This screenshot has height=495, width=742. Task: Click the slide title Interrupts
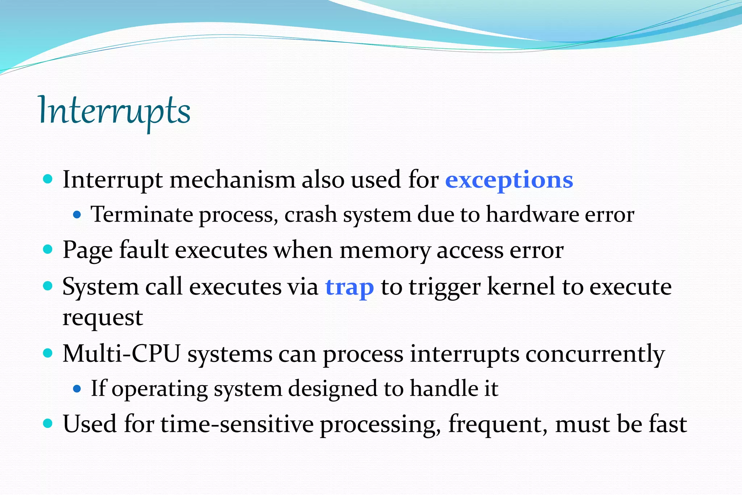pos(114,111)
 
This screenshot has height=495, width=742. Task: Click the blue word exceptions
pos(509,180)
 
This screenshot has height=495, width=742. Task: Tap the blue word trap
pos(349,287)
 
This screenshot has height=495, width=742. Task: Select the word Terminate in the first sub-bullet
pos(142,214)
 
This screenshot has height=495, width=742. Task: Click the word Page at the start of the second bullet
pos(87,250)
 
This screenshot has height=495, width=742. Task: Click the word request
pos(103,318)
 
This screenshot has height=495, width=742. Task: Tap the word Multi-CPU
pos(121,354)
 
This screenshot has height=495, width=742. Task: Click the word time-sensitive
pos(237,424)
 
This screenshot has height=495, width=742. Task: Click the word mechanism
pos(232,180)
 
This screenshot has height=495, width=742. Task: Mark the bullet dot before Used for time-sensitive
pos(48,423)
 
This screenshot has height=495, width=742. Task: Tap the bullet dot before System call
pos(48,286)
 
